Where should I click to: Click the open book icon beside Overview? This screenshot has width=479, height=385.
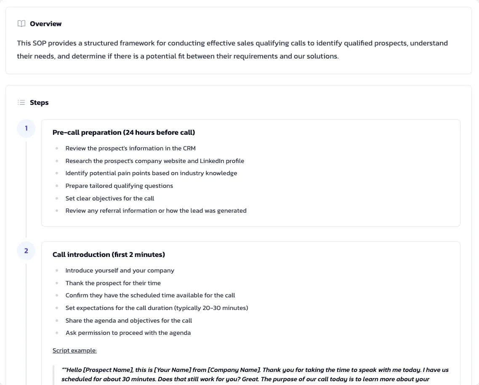tap(21, 24)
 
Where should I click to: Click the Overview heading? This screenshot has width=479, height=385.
tap(45, 24)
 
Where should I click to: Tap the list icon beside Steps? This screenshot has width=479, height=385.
tap(21, 102)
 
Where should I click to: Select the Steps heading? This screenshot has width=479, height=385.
tap(39, 102)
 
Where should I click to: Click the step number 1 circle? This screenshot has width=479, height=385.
tap(26, 128)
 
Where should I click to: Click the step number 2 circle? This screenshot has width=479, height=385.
tap(26, 251)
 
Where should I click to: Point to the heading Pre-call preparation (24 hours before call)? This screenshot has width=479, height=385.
tap(123, 132)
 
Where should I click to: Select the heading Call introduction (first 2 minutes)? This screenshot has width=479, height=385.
tap(109, 254)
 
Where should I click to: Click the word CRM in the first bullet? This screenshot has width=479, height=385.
tap(189, 148)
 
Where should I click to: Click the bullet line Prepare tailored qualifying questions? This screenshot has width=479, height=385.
tap(119, 186)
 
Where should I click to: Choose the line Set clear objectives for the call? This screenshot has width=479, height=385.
tap(110, 198)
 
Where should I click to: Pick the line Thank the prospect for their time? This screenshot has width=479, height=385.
tap(113, 283)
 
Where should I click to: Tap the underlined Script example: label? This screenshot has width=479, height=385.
tap(75, 350)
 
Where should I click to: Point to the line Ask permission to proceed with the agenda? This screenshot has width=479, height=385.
tap(128, 333)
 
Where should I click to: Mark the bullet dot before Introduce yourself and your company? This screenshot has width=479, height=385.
tap(57, 271)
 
